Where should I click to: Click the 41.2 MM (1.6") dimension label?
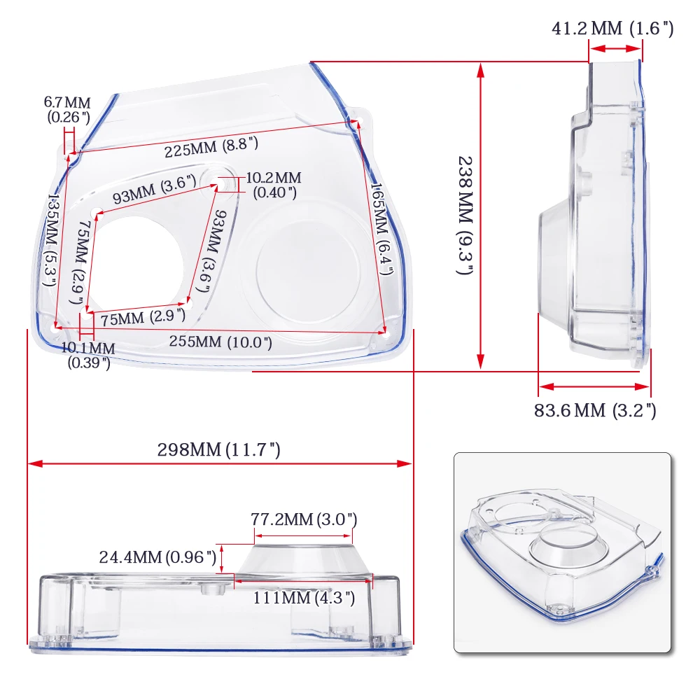click(612, 29)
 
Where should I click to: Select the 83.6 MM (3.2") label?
click(595, 410)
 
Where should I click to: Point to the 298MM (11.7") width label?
click(218, 450)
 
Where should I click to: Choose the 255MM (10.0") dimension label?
click(220, 342)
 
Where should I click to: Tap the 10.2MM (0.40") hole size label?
click(273, 185)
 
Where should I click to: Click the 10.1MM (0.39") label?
click(88, 354)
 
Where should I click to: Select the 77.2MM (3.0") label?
click(304, 519)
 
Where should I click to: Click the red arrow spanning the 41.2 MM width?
click(615, 49)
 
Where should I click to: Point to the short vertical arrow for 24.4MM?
click(222, 559)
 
